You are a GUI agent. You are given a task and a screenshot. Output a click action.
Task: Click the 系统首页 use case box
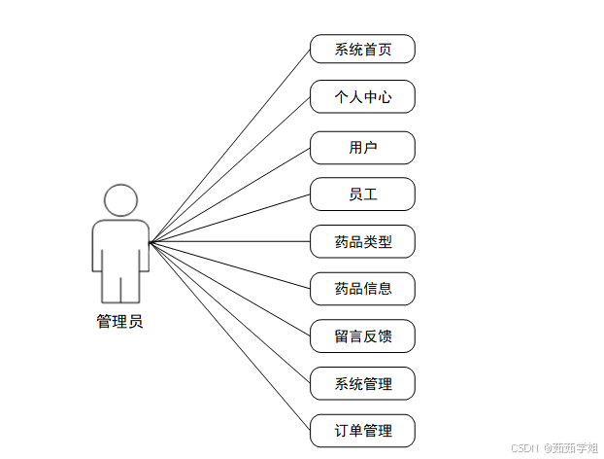[x=362, y=49]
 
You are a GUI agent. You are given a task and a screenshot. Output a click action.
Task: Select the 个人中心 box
[x=362, y=96]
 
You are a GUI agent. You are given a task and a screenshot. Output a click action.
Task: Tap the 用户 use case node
[x=362, y=147]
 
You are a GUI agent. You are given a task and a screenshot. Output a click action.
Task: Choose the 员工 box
[x=362, y=194]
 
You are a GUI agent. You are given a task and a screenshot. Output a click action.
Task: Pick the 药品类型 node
[x=362, y=241]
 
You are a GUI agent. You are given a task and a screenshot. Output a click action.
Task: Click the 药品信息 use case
[x=362, y=288]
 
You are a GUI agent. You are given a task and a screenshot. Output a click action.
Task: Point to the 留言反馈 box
[x=362, y=335]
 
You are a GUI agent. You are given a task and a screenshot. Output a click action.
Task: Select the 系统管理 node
[x=362, y=383]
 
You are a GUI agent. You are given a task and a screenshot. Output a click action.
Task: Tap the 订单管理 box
[x=362, y=430]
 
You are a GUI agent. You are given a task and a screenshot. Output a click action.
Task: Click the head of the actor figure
[x=120, y=199]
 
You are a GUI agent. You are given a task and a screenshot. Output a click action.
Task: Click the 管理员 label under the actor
[x=119, y=322]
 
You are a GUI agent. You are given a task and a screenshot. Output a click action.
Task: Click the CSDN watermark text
[x=524, y=447]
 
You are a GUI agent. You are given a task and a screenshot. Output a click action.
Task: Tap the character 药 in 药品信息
[x=341, y=288]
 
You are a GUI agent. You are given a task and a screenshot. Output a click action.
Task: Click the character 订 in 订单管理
[x=341, y=430]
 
